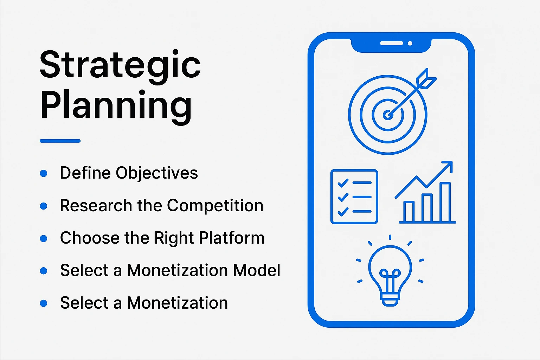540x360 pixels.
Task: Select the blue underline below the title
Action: coord(60,141)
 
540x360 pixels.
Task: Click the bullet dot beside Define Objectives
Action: coord(44,173)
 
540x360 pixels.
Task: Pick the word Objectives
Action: coord(157,173)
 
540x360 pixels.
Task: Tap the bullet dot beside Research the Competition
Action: coord(44,206)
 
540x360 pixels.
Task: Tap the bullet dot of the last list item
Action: coord(44,303)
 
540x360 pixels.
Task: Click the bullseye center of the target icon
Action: coord(387,115)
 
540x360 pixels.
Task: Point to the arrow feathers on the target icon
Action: coord(426,78)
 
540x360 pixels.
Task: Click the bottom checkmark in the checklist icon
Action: coord(342,212)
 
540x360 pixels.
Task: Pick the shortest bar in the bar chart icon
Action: coord(409,212)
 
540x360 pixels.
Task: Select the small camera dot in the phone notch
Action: coord(410,43)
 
